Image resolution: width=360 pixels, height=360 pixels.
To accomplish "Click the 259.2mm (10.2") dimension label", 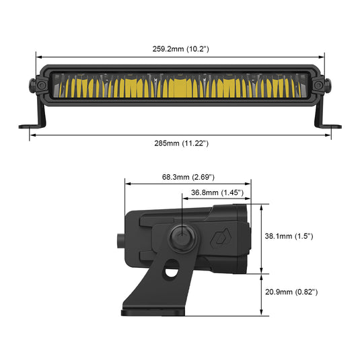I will (x=180, y=49).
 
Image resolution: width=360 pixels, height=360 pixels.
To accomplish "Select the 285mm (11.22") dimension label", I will (x=180, y=143).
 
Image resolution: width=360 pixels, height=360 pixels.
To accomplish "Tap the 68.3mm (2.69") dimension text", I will (x=188, y=177).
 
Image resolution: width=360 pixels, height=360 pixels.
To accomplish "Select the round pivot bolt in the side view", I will (x=181, y=238).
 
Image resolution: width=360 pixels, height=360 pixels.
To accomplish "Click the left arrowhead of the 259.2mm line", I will (x=39, y=58).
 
